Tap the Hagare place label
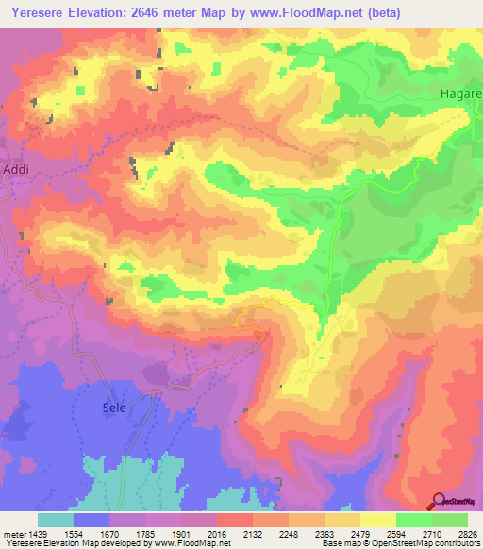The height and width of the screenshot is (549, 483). pos(460,95)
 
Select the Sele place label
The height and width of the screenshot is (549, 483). pos(113,409)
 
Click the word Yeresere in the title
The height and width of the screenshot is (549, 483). pos(38,13)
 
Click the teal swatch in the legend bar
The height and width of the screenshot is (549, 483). pos(56,520)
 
